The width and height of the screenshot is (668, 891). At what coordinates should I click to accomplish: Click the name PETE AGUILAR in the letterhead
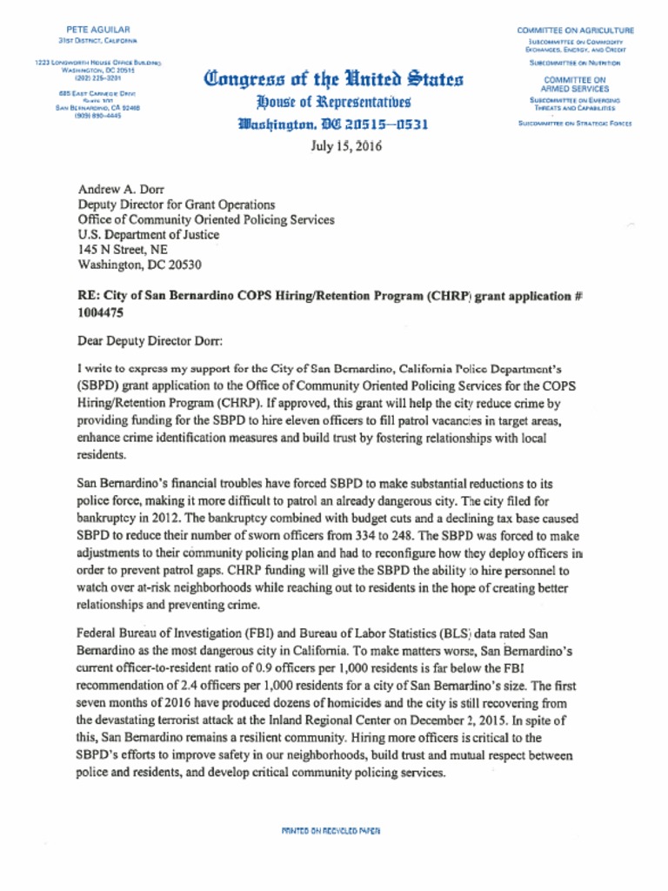[x=97, y=30]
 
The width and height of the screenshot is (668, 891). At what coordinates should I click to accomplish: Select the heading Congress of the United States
[x=334, y=81]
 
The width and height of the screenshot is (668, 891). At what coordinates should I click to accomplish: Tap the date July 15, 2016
[x=345, y=146]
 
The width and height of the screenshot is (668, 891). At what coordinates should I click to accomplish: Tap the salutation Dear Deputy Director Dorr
[x=150, y=341]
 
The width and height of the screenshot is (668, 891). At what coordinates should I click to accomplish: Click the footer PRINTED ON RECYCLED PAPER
[x=331, y=831]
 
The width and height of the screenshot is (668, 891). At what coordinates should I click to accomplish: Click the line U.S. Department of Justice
[x=149, y=235]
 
